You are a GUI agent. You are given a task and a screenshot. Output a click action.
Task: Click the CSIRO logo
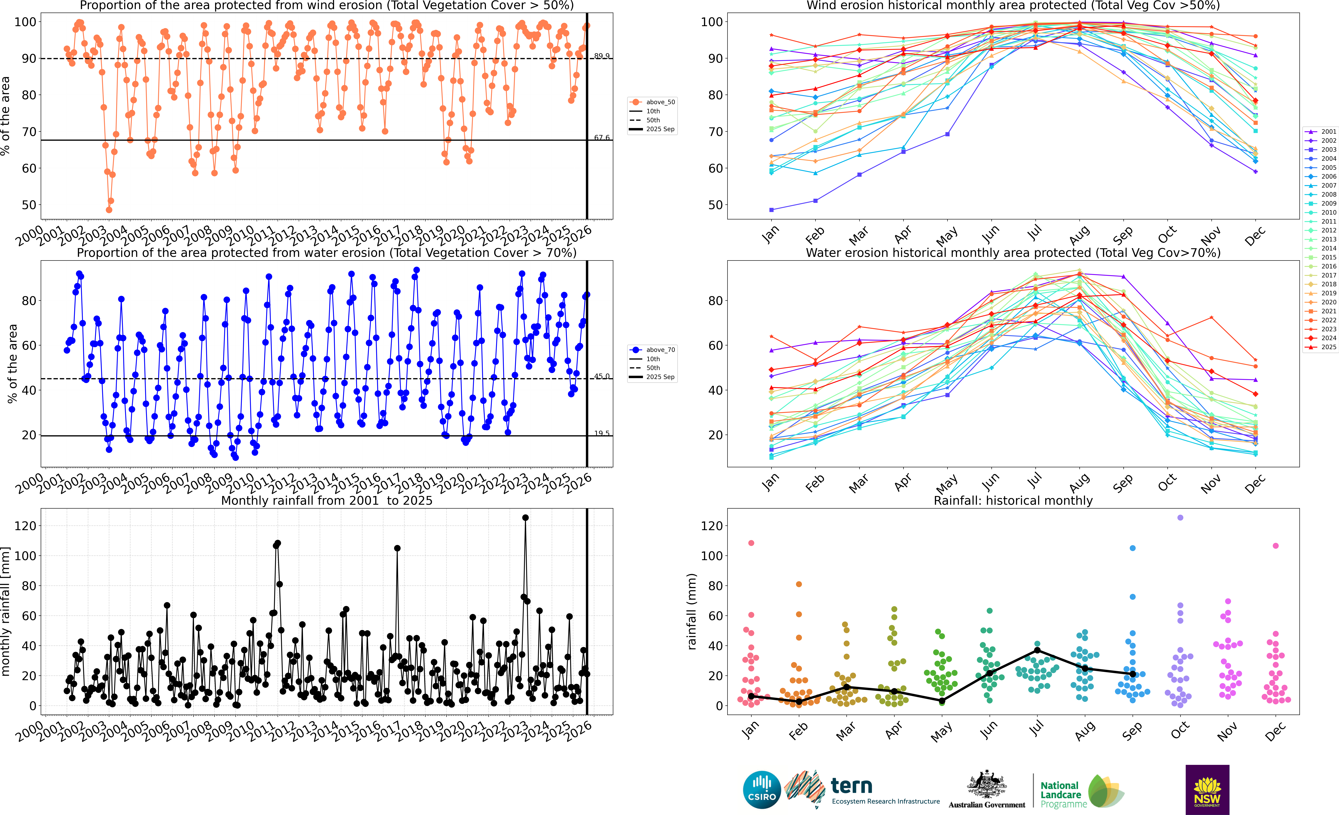(762, 789)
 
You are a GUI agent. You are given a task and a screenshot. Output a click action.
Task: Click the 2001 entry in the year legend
(1324, 131)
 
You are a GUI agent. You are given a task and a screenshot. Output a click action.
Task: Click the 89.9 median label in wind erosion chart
(602, 56)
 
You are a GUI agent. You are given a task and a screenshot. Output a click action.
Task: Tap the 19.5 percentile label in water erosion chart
(602, 433)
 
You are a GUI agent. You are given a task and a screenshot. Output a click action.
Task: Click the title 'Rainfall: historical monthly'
(1013, 500)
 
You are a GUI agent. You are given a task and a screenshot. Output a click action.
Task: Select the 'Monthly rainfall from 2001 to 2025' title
(327, 500)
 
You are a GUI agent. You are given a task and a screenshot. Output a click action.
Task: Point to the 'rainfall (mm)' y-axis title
(691, 611)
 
